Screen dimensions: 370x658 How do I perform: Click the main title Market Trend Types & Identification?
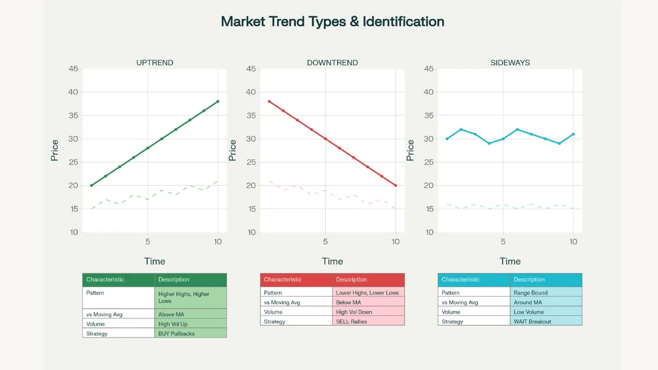[x=332, y=22]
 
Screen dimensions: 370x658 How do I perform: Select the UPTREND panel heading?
[x=155, y=62]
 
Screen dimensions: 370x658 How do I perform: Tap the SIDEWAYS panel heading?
[x=510, y=62]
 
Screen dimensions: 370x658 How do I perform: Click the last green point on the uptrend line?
[x=218, y=101]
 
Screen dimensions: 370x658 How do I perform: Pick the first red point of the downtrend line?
[x=269, y=101]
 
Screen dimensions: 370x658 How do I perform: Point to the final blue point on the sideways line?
[x=573, y=134]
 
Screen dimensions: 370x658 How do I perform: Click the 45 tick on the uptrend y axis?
[x=73, y=69]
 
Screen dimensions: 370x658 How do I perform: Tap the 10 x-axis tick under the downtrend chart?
[x=395, y=241]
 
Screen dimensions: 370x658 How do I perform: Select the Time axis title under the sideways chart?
[x=510, y=261]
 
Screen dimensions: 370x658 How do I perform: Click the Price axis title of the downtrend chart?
[x=232, y=150]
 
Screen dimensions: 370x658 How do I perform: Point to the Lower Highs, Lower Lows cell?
[x=367, y=293]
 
